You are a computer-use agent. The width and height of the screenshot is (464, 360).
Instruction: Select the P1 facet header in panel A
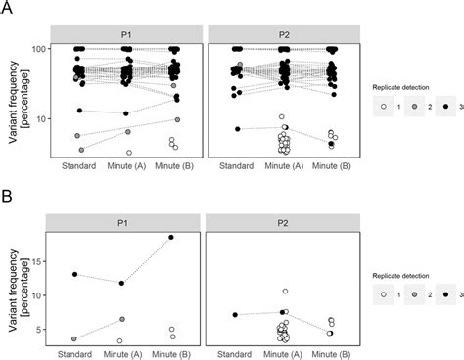tap(127, 31)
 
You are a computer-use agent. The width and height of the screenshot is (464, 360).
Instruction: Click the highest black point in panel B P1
tap(171, 237)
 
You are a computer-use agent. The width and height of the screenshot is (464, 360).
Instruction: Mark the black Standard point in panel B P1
tap(75, 274)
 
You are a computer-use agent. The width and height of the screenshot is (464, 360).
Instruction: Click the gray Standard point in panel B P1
tap(75, 338)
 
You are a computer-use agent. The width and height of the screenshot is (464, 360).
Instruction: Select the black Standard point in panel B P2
tap(235, 315)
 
